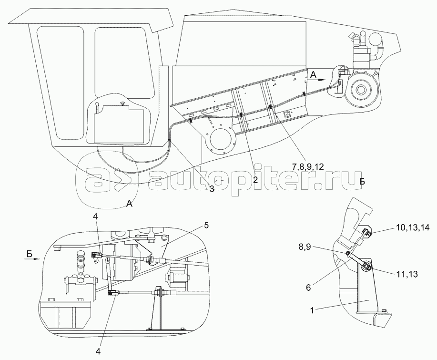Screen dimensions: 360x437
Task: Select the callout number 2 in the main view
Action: (x=255, y=180)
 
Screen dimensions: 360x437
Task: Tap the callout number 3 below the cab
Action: (x=212, y=188)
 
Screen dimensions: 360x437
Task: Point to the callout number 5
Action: (x=206, y=225)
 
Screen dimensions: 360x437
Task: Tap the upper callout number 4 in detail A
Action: (x=97, y=217)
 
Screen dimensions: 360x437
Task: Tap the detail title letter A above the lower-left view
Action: (x=129, y=204)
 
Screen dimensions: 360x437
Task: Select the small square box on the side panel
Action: (x=287, y=114)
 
